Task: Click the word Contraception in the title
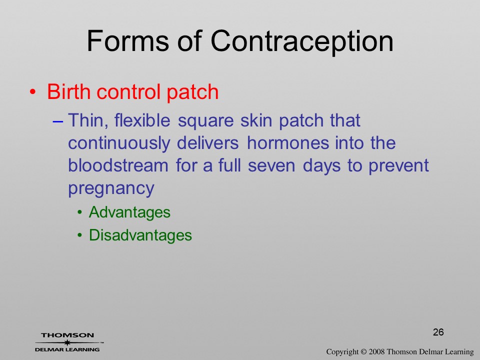[302, 41]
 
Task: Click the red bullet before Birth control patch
[33, 92]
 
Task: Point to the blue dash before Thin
[58, 121]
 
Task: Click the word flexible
[142, 120]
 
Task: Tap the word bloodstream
[118, 165]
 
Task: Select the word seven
[271, 166]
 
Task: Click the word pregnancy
[111, 188]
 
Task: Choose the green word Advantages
[129, 212]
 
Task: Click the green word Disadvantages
[140, 235]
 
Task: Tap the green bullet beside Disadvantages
[80, 235]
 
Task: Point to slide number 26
[438, 332]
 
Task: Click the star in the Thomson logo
[67, 342]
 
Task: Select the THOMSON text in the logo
[67, 335]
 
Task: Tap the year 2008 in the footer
[376, 352]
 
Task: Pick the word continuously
[119, 143]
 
